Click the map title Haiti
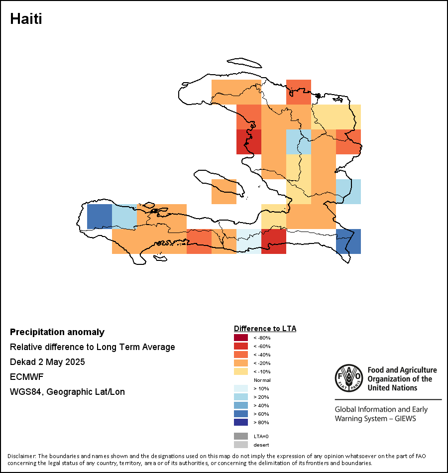26,19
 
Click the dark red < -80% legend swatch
241,338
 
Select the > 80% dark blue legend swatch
241,422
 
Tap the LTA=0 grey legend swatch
241,436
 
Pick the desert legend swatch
241,445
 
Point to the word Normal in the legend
262,380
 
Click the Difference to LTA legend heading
265,329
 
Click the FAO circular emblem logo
349,378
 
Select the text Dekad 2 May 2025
47,361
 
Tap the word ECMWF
26,377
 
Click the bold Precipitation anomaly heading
57,332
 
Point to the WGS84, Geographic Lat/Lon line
67,392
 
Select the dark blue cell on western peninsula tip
100,217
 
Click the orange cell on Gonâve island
224,192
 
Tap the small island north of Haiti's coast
244,63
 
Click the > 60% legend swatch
241,414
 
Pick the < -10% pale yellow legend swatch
241,371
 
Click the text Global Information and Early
381,409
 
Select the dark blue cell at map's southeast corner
348,241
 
